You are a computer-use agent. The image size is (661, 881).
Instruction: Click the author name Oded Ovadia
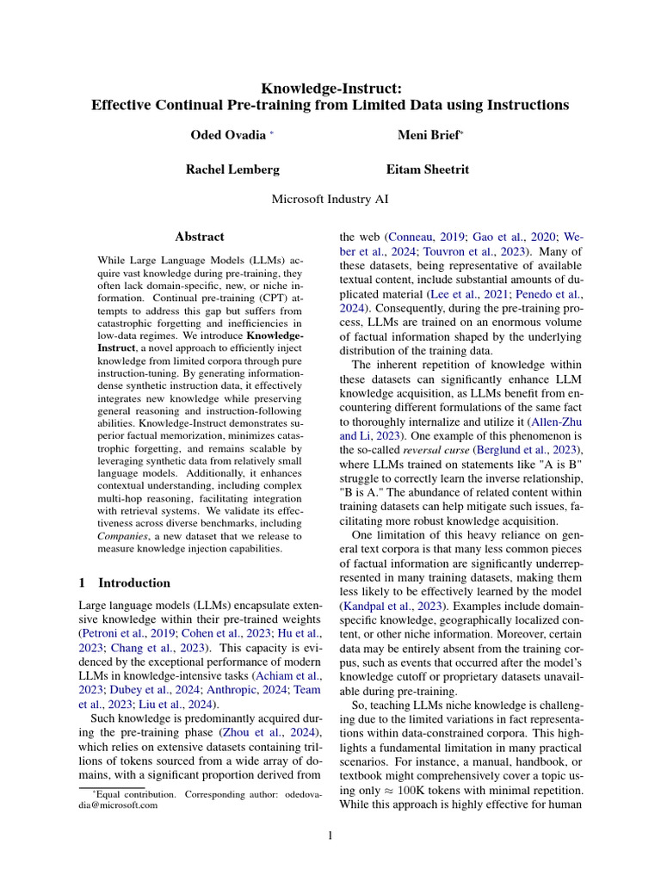click(x=227, y=135)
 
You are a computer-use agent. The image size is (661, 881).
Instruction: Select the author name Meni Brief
click(x=428, y=135)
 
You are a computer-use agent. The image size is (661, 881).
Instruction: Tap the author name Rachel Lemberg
click(x=232, y=169)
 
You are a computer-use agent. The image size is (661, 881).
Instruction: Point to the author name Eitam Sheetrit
click(x=428, y=169)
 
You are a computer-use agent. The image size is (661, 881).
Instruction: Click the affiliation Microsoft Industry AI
click(x=330, y=199)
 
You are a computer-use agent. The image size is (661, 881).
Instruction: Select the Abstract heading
click(x=200, y=237)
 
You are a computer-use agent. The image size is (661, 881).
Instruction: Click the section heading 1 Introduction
click(x=124, y=582)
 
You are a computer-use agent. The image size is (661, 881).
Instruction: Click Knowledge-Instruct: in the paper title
click(x=330, y=87)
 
